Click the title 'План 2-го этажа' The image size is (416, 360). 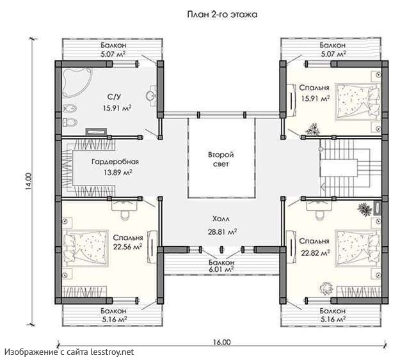click(x=222, y=15)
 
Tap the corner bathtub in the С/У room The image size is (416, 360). click(x=76, y=82)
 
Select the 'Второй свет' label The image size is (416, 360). click(x=221, y=159)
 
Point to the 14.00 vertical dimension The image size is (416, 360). click(x=29, y=182)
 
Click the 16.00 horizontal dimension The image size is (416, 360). click(x=221, y=342)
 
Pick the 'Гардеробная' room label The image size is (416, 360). click(x=115, y=161)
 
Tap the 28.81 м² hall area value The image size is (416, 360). click(x=222, y=231)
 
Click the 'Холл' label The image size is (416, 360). click(x=221, y=219)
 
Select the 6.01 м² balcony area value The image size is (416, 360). click(x=221, y=269)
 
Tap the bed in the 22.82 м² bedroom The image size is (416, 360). click(x=358, y=247)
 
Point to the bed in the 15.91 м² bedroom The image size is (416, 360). click(x=358, y=102)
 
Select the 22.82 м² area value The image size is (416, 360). click(x=316, y=253)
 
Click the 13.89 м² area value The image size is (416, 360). click(x=118, y=173)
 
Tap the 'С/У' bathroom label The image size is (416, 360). click(x=115, y=97)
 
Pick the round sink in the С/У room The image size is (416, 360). click(x=151, y=96)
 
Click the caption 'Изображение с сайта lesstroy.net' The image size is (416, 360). click(x=69, y=352)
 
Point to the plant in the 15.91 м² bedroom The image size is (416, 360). click(x=312, y=129)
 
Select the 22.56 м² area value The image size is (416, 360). click(x=127, y=247)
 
